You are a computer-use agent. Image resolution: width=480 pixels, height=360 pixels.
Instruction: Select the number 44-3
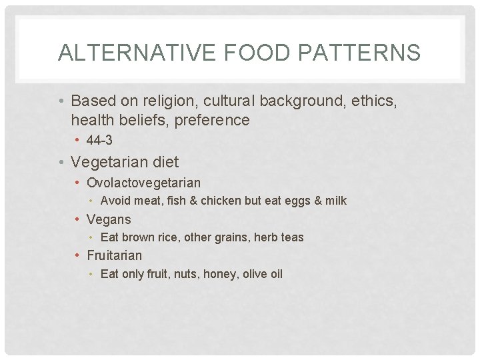(x=99, y=141)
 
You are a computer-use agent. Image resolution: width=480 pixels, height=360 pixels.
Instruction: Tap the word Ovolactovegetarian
(x=143, y=183)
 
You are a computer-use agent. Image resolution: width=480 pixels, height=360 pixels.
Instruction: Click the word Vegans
(x=109, y=219)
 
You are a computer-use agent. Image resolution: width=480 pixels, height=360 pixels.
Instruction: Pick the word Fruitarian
(x=114, y=255)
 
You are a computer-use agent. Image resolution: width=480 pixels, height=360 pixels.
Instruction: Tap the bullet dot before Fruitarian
(x=79, y=255)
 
